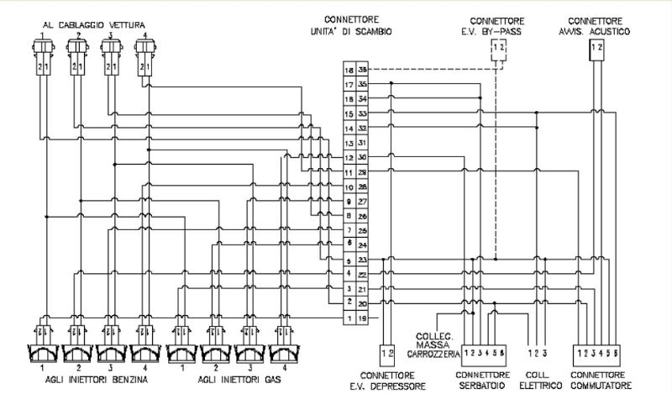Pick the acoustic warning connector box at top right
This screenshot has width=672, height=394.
[597, 52]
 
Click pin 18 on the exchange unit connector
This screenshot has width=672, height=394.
[348, 71]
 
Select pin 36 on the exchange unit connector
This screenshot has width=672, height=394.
[363, 71]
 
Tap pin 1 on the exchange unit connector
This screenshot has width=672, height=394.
[348, 318]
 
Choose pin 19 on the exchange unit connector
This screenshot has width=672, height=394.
[363, 318]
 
